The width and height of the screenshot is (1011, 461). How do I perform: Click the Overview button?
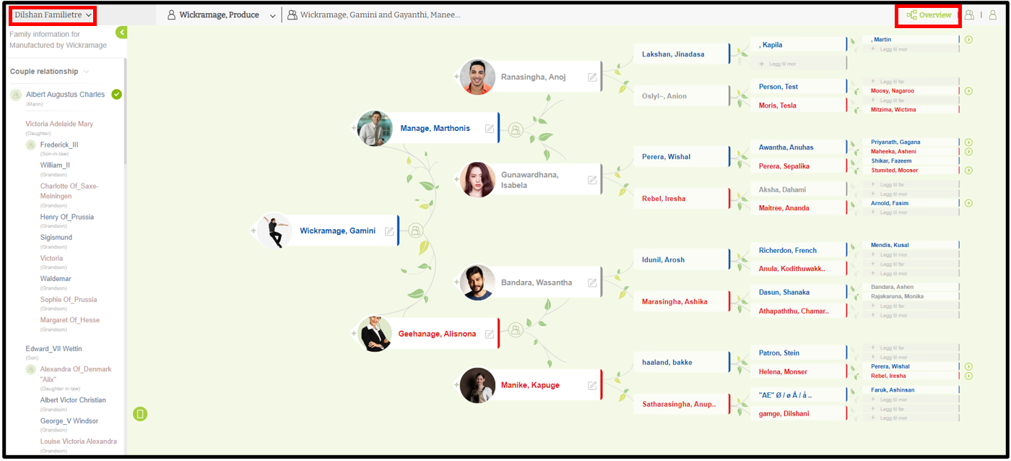(x=929, y=15)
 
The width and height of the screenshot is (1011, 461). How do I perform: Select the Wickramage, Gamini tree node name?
(x=337, y=231)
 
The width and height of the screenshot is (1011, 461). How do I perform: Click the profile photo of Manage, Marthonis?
(x=375, y=129)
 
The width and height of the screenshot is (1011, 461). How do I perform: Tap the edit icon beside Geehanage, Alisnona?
(x=490, y=334)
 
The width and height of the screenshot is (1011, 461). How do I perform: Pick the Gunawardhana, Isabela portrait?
(x=478, y=180)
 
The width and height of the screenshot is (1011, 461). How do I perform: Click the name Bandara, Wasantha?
(x=536, y=283)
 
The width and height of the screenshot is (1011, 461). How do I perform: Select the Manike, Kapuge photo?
(x=478, y=385)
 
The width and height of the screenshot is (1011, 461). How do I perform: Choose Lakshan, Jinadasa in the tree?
(x=673, y=54)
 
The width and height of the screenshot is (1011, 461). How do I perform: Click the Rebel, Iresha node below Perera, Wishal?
(x=664, y=199)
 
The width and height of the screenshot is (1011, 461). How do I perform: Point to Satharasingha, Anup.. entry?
(x=679, y=405)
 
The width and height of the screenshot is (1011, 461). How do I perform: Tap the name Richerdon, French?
(x=787, y=251)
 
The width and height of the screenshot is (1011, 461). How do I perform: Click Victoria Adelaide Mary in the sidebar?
(x=59, y=124)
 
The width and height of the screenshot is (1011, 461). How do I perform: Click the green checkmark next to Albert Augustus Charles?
(x=117, y=95)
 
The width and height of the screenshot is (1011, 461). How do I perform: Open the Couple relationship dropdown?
(x=49, y=72)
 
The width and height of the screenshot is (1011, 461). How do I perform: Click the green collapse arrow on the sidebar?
(x=121, y=33)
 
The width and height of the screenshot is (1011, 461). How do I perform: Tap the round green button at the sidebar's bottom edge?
(x=140, y=414)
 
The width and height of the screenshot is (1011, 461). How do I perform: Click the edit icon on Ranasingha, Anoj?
(x=593, y=77)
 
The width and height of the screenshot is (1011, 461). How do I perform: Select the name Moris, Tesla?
(x=778, y=105)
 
